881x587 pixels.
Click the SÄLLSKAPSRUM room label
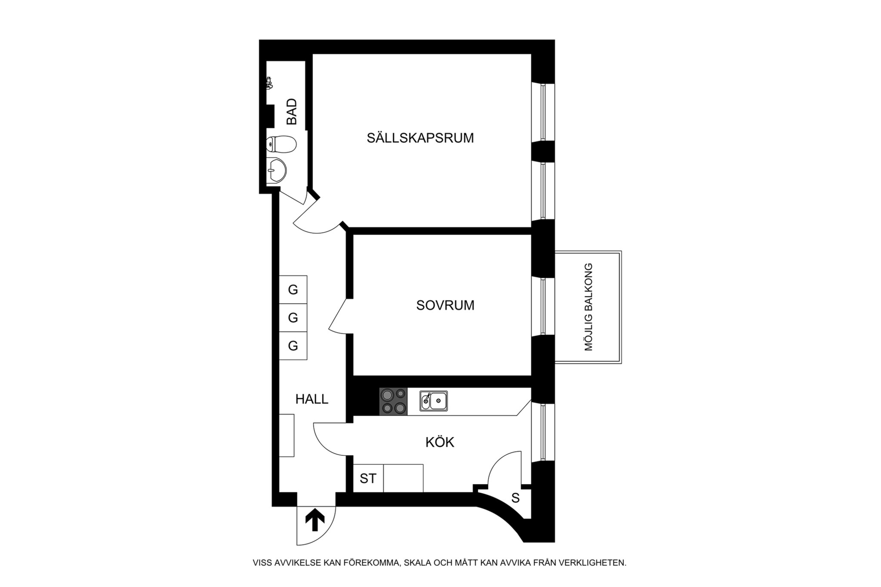pos(420,138)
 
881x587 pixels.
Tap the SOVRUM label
pos(445,305)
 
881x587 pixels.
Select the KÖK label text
pos(440,442)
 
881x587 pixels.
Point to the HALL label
pos(311,399)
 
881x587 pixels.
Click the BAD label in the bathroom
pos(292,111)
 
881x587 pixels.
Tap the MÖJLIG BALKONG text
pos(588,307)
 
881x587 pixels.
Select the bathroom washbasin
pos(276,170)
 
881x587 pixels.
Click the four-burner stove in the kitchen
pos(393,401)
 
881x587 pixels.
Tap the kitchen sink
pos(434,401)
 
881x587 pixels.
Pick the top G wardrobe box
pos(293,290)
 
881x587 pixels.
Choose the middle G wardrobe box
pos(293,318)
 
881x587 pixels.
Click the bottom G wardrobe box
pos(293,346)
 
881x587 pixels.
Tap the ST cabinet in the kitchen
pos(368,478)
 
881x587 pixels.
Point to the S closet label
pos(515,498)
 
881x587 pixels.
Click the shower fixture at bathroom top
pos(269,83)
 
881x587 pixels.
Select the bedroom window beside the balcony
pos(543,306)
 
